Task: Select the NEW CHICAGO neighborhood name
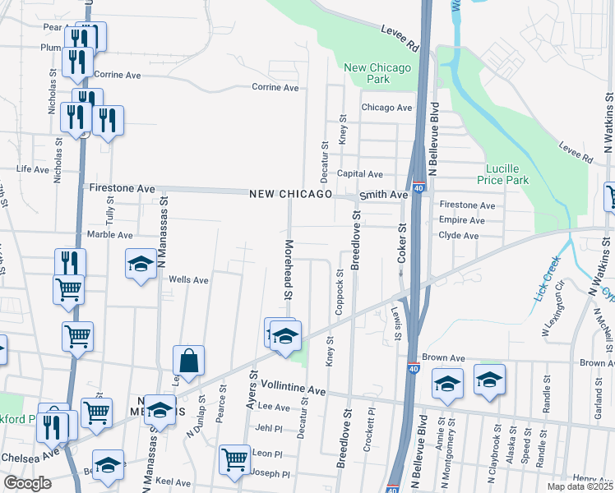(x=292, y=194)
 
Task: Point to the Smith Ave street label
(x=387, y=195)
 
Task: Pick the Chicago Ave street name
(x=386, y=108)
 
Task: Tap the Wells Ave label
(x=188, y=279)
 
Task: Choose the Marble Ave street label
(x=104, y=234)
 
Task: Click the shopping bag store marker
(x=189, y=361)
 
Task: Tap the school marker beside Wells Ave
(x=141, y=264)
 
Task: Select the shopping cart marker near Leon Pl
(x=235, y=458)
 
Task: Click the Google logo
(x=27, y=483)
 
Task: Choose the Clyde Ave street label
(x=459, y=235)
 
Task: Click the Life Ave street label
(x=33, y=169)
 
